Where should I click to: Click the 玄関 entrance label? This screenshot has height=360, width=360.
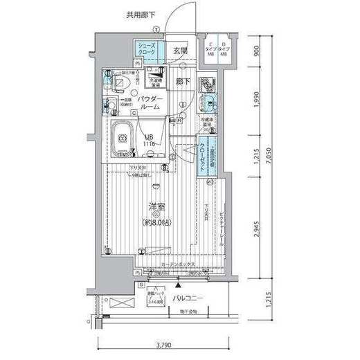[x=181, y=51]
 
